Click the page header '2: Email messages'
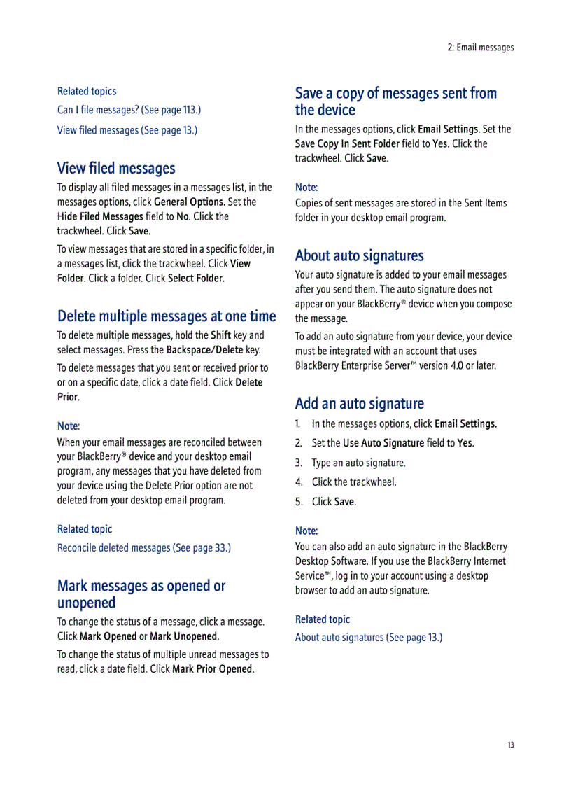click(481, 48)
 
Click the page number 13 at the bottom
click(511, 745)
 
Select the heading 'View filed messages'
click(116, 168)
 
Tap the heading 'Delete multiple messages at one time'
click(167, 316)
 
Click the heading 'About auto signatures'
click(359, 255)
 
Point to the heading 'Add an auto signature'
click(359, 403)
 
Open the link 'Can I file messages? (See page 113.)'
click(129, 110)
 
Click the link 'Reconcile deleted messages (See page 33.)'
click(143, 547)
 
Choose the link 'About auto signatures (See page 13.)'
click(368, 637)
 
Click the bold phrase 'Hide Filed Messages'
click(100, 216)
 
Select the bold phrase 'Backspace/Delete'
click(204, 350)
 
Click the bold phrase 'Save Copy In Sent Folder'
click(348, 143)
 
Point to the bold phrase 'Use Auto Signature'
click(383, 442)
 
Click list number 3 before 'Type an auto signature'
click(299, 463)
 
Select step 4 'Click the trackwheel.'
click(353, 482)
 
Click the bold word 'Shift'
click(220, 335)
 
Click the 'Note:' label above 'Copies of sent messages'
click(306, 187)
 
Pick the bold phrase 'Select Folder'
click(195, 278)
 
